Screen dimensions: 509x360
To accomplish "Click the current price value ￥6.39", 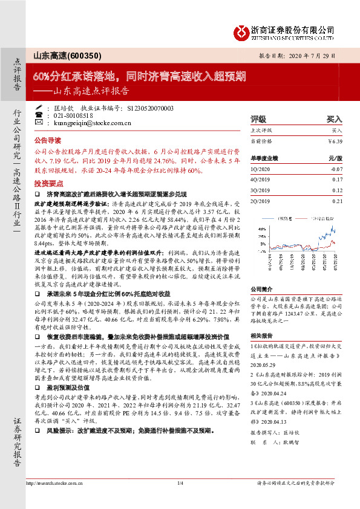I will [x=335, y=140].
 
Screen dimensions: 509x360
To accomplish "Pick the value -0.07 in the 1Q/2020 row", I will [x=336, y=169].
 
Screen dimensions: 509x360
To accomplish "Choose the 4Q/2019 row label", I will [x=260, y=180].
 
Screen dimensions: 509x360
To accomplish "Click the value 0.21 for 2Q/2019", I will [x=337, y=201].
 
